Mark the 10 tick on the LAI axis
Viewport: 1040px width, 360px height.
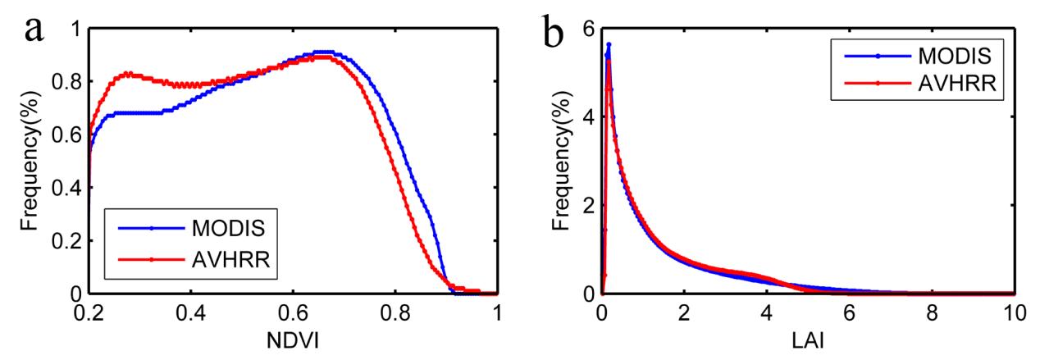1014,312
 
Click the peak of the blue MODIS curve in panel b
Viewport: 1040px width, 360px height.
609,43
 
